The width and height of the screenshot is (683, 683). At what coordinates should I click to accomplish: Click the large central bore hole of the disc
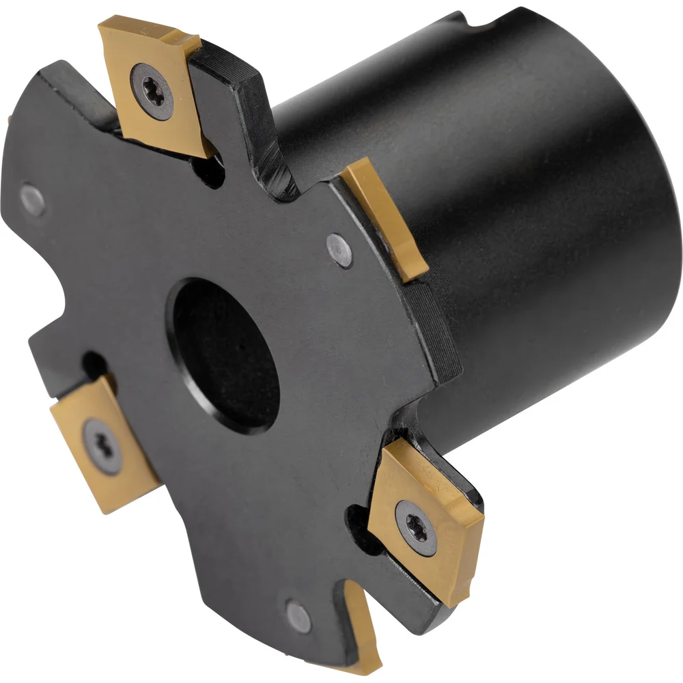tap(226, 355)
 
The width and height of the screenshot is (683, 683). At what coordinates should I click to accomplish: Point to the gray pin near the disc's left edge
tap(33, 199)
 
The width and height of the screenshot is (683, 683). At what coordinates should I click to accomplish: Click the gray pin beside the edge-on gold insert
tap(339, 250)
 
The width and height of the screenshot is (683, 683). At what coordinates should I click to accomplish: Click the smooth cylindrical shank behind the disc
tap(540, 205)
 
